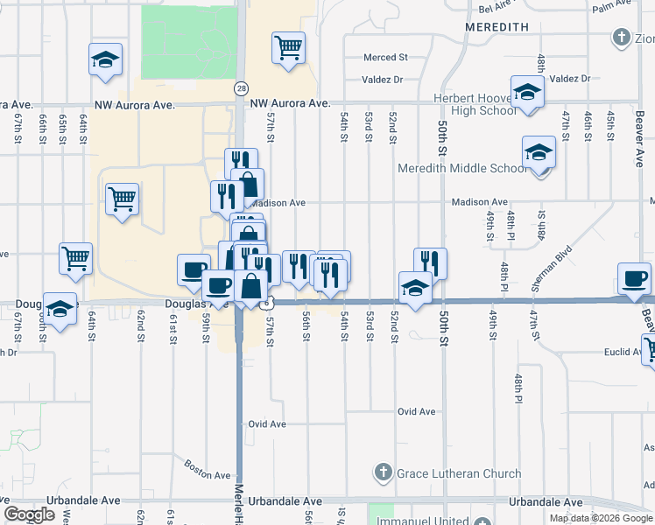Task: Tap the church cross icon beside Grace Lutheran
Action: tap(383, 473)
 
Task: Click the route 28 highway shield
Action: tap(240, 88)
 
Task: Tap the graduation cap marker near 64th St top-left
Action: tap(105, 60)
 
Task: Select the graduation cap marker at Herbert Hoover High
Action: tap(527, 93)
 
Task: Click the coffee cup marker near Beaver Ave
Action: tap(633, 279)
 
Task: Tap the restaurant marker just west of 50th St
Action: tap(430, 263)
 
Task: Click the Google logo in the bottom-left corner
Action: tap(29, 514)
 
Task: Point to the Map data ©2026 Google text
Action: tap(600, 518)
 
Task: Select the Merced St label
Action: tap(386, 58)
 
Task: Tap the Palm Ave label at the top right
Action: tap(612, 7)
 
